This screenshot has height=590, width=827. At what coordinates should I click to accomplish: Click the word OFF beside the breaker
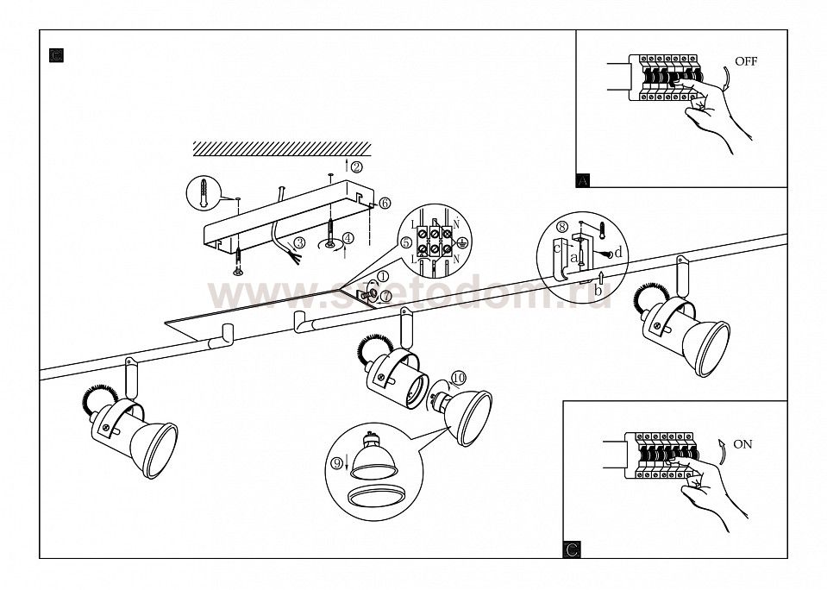(x=747, y=61)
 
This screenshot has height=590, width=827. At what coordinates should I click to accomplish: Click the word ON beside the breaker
(x=742, y=444)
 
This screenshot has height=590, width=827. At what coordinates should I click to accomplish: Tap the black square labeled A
(x=583, y=180)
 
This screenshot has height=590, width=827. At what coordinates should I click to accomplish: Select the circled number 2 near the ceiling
(x=356, y=166)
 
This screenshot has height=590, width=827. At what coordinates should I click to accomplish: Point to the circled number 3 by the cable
(x=299, y=244)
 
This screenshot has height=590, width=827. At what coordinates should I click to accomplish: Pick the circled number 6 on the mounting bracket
(x=384, y=204)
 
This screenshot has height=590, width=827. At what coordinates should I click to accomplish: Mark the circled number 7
(x=385, y=296)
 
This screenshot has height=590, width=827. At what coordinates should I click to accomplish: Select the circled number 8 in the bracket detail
(x=562, y=229)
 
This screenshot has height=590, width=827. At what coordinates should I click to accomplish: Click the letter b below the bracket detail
(x=598, y=291)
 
